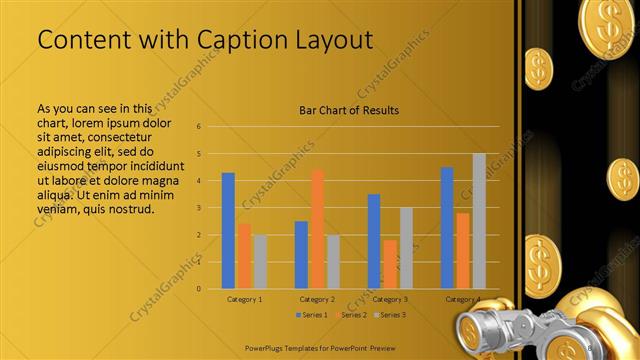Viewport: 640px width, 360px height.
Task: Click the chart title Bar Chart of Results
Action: point(349,109)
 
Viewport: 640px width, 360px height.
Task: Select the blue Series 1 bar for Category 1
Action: point(228,230)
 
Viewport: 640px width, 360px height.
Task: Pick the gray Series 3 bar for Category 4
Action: point(479,221)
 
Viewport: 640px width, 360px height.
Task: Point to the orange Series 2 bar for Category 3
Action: point(390,264)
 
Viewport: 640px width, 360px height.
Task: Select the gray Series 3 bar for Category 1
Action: point(260,261)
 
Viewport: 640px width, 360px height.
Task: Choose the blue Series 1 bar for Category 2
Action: point(301,254)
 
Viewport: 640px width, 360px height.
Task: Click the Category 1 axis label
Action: point(245,299)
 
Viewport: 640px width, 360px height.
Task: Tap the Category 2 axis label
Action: point(317,299)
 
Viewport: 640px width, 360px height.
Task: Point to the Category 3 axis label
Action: point(390,299)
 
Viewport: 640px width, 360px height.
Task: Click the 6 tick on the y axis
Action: point(199,127)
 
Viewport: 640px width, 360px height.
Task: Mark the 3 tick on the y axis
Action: point(199,208)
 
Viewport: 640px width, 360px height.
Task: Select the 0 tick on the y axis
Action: point(199,289)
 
